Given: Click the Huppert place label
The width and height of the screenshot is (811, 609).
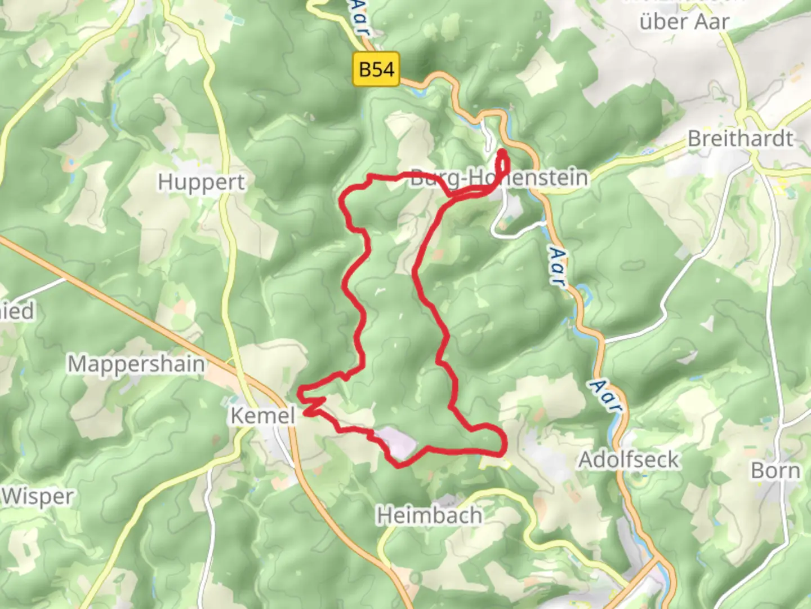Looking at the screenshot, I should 201,183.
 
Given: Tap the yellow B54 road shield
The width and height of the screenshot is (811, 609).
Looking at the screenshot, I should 376,69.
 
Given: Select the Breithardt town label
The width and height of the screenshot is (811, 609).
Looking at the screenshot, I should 740,139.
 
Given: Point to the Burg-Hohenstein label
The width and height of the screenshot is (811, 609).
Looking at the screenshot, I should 499,178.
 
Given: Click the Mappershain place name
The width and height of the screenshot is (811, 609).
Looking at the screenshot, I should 136,364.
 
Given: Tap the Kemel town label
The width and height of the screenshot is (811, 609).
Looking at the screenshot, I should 262,416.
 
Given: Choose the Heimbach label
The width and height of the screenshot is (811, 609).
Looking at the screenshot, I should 429,515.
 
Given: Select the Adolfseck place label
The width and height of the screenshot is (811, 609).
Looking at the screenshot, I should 629,460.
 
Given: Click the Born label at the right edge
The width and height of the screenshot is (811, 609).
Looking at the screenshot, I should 775,470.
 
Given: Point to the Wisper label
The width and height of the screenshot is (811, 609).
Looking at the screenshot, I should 37,497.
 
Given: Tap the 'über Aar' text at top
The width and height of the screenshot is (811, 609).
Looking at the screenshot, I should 684,22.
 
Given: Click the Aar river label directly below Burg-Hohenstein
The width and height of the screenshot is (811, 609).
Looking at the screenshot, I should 558,267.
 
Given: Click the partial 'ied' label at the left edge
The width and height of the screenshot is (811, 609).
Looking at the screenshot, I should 17,311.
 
